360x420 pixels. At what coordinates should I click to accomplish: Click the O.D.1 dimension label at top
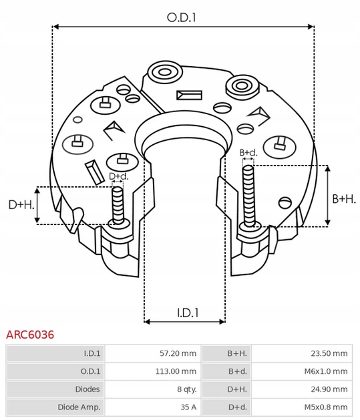182,18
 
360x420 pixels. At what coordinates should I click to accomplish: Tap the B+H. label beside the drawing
344,198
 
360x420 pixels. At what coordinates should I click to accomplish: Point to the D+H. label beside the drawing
21,204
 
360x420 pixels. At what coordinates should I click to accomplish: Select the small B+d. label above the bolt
248,153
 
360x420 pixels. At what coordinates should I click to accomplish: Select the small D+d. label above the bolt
119,177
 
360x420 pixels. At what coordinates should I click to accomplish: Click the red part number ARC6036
30,335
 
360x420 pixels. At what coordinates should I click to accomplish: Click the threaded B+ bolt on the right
248,194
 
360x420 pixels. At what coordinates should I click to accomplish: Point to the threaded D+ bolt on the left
118,204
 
